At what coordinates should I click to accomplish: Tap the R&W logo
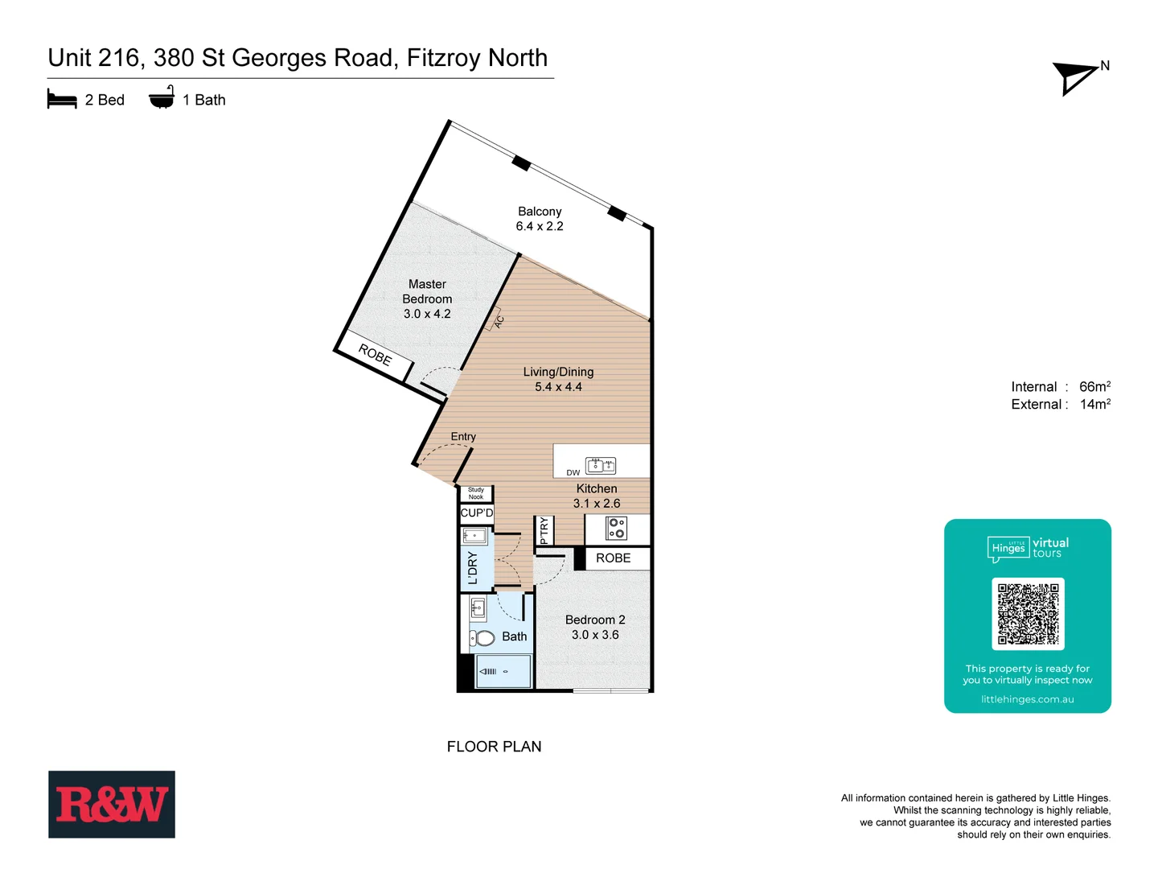click(112, 805)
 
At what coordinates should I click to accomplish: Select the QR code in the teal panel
click(1028, 614)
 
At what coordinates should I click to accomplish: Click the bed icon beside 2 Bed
click(62, 100)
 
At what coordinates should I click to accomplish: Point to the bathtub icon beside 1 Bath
click(162, 97)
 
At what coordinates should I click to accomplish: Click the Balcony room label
click(540, 212)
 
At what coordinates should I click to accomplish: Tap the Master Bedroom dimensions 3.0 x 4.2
click(427, 314)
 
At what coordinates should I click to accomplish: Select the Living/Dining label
click(558, 372)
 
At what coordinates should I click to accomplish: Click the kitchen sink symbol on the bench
click(601, 465)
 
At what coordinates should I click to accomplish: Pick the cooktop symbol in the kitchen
click(617, 528)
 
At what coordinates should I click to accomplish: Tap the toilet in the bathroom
click(482, 638)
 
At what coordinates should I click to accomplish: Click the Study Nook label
click(476, 493)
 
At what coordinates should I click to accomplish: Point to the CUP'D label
click(477, 513)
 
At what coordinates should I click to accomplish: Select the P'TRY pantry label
click(544, 531)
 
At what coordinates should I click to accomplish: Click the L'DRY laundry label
click(473, 567)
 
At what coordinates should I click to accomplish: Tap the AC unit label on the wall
click(499, 321)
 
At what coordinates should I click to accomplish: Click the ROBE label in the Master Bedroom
click(375, 354)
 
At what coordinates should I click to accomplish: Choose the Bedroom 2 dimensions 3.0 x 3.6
click(595, 635)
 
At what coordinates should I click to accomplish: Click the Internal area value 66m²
click(1094, 386)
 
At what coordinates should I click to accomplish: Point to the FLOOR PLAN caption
click(494, 747)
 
